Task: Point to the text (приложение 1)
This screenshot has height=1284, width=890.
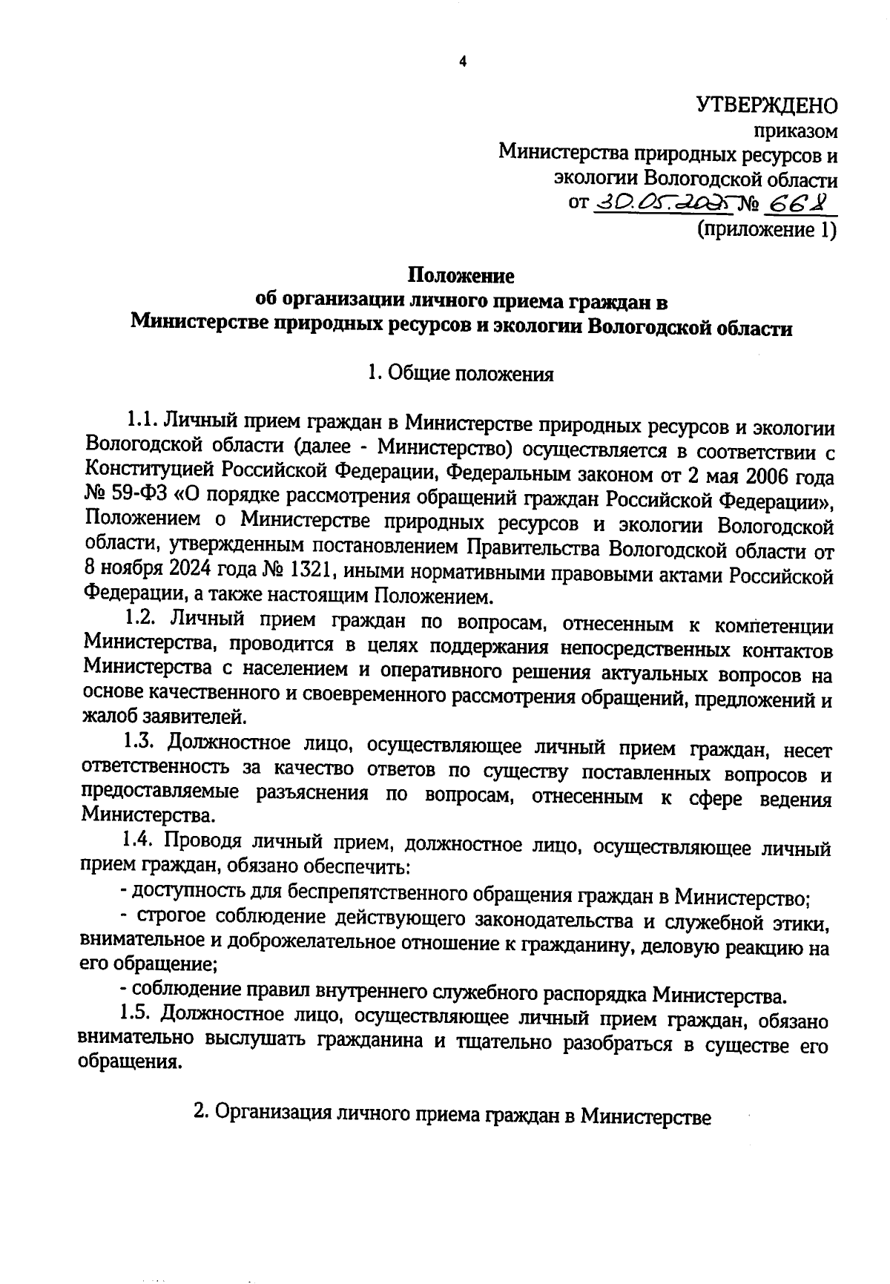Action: pos(766,230)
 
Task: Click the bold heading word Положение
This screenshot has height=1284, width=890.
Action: pos(461,276)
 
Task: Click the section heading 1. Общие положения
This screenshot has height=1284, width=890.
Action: pos(461,374)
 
